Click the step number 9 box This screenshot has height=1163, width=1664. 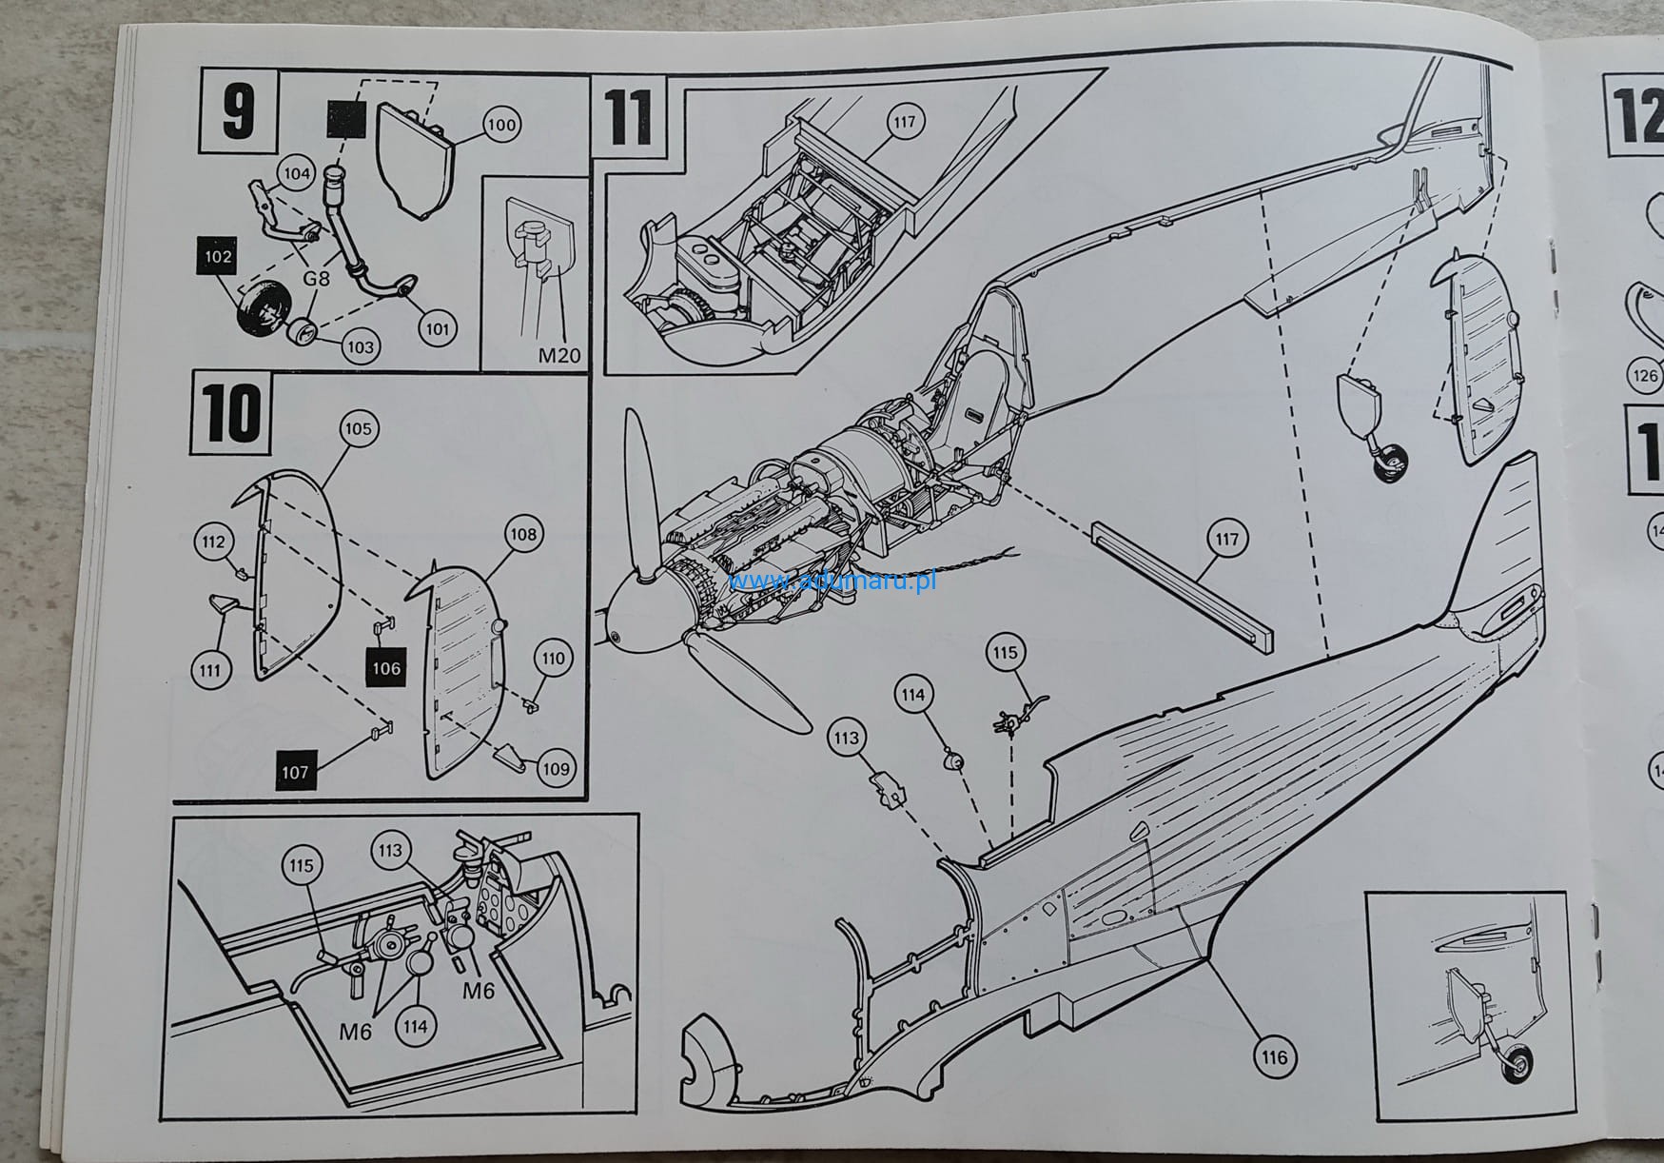237,111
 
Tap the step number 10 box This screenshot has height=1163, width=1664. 231,414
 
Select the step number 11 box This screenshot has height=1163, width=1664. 628,116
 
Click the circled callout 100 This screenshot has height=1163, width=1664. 500,125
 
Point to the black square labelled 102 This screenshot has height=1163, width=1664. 218,257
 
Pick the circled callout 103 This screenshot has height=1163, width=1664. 360,346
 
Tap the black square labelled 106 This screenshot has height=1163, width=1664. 386,667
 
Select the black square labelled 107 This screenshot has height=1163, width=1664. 295,771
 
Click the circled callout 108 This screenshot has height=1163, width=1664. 523,534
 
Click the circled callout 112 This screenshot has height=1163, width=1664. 214,542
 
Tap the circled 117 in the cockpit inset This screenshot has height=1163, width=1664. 904,122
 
